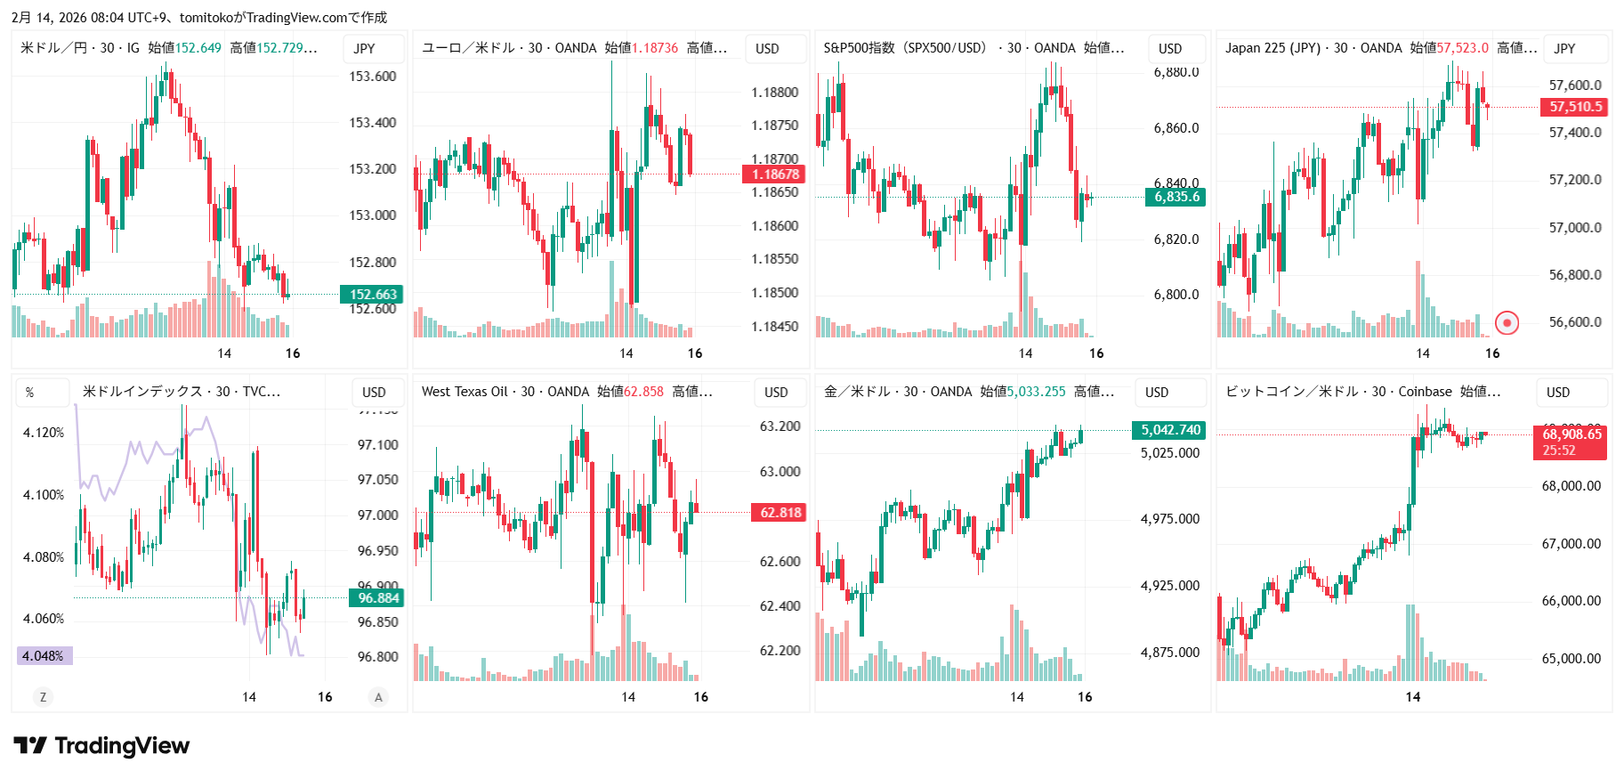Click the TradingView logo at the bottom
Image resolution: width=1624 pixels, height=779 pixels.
101,746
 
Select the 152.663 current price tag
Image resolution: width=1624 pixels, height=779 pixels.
372,295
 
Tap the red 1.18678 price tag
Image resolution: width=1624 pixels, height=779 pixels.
774,174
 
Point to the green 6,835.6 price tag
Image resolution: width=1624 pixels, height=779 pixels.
1176,197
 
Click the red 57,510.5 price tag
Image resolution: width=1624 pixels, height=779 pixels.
1574,107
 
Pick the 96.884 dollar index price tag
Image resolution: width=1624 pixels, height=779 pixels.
377,598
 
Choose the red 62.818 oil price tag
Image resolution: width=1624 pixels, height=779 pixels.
780,513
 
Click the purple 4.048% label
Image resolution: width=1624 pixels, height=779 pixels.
44,656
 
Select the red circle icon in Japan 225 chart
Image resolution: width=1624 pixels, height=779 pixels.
1507,322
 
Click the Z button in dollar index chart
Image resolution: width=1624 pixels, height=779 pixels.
43,697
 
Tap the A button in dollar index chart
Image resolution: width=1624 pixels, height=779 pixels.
378,697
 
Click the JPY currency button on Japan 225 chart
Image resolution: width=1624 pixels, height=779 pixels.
1564,49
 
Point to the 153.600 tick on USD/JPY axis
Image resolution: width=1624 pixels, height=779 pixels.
372,77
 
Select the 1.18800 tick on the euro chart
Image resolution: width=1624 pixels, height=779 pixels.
774,93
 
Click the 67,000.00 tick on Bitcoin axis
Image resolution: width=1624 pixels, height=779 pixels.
1571,544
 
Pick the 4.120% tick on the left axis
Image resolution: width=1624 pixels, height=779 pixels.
44,433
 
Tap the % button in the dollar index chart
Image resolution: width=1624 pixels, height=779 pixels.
30,393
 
